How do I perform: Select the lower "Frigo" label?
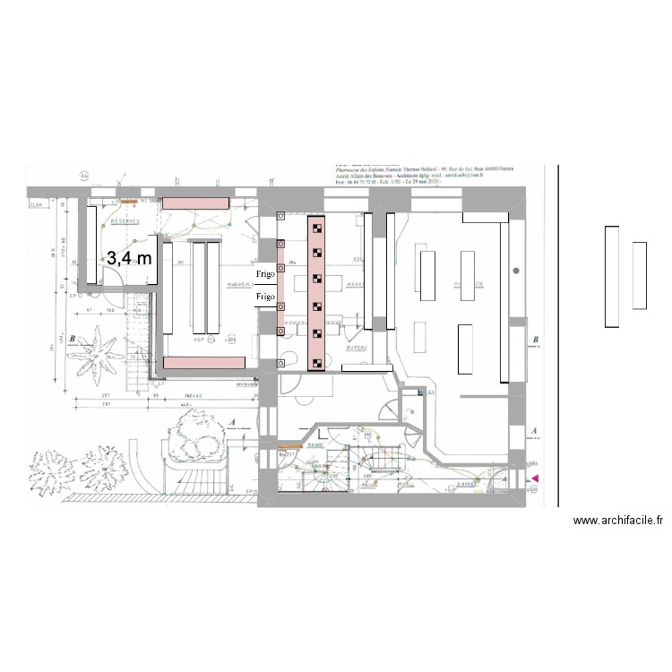(x=265, y=296)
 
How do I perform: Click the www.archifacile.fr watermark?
(x=617, y=521)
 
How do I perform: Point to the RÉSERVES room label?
(x=125, y=220)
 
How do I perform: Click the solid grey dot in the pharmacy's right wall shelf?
(x=516, y=270)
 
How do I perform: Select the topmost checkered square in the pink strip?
(x=317, y=228)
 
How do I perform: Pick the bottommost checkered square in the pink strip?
(x=317, y=363)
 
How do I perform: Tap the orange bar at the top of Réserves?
(x=128, y=202)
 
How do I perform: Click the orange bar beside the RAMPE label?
(x=289, y=445)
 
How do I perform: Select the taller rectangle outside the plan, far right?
(x=611, y=277)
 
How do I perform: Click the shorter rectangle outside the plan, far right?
(x=639, y=275)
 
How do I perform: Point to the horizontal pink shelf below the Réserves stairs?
(x=204, y=361)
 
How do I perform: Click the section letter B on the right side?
(x=535, y=340)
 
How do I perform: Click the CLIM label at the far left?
(x=37, y=205)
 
